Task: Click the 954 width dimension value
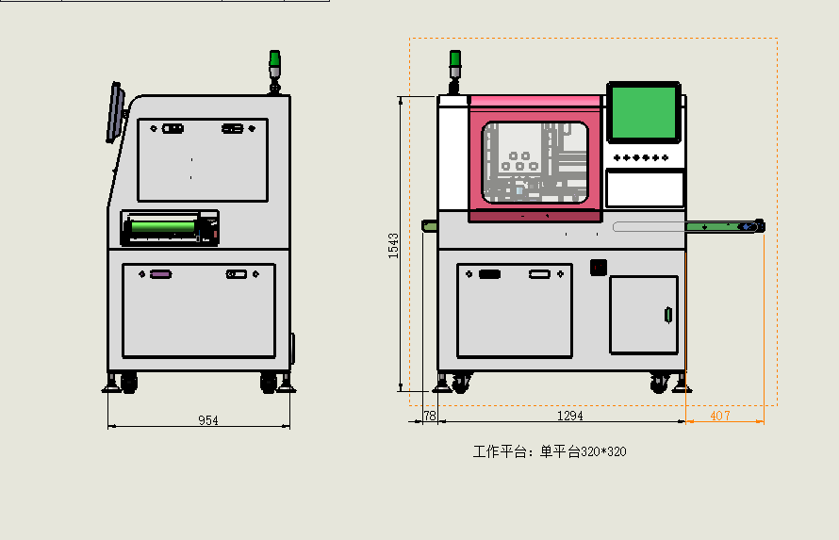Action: coord(208,420)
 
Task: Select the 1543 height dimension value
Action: coord(393,245)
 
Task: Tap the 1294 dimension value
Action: coord(569,416)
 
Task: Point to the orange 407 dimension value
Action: coord(719,416)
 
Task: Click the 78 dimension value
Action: coord(430,416)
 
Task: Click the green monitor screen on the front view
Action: coord(643,113)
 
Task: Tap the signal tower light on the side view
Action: coord(274,71)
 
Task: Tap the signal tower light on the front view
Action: coord(454,71)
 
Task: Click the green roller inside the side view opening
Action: coord(163,227)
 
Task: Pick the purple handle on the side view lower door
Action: coord(160,274)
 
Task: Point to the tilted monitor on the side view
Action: coord(115,112)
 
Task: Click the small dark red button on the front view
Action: coord(599,267)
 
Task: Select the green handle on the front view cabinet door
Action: coord(667,315)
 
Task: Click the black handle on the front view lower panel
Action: coord(489,274)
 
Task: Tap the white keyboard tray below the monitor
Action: coord(645,188)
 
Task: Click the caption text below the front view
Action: coord(550,451)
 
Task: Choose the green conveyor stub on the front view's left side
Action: coord(429,226)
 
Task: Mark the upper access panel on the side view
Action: coord(203,160)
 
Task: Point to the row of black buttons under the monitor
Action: coord(640,157)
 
